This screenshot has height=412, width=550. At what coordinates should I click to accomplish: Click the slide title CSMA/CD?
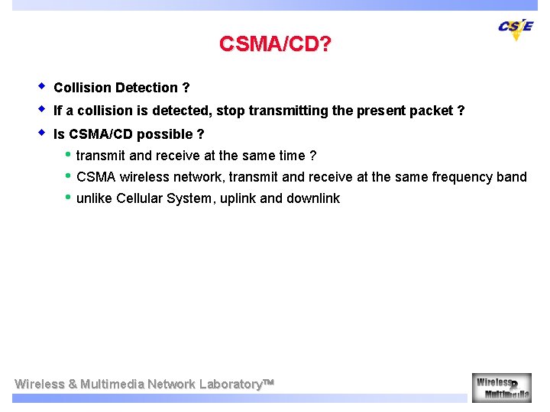tap(275, 44)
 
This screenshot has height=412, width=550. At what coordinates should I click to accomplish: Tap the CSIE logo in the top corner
tap(516, 28)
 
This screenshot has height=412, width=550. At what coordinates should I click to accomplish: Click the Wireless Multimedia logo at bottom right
tap(502, 387)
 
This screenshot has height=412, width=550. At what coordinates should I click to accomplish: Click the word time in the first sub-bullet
tap(292, 156)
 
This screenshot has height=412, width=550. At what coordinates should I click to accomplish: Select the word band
tap(511, 177)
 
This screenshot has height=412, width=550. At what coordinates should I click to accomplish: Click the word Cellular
tap(144, 198)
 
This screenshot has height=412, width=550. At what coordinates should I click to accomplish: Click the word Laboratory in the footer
tap(231, 384)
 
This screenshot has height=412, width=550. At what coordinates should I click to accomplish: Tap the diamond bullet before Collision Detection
tap(42, 86)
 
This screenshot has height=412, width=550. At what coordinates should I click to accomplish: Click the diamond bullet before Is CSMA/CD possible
tap(42, 133)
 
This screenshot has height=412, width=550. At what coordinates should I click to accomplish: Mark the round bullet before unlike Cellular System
tap(68, 198)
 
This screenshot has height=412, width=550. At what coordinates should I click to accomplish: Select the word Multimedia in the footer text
tap(112, 384)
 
